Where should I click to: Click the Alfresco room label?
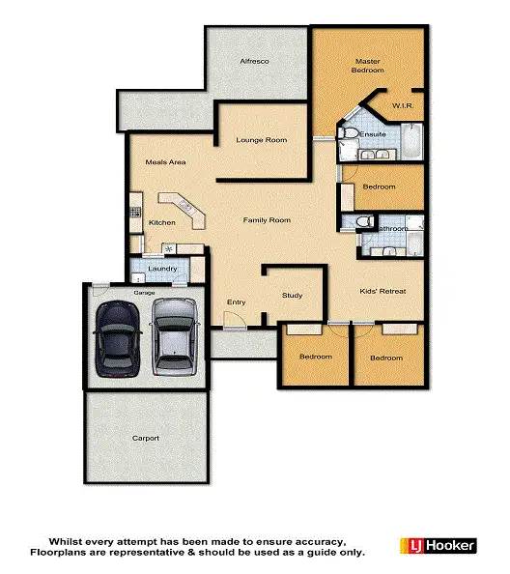[x=254, y=62]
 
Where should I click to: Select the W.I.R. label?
[x=403, y=104]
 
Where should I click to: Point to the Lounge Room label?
[x=262, y=140]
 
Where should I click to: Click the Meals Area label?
[x=165, y=162]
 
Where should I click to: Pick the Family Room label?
[x=267, y=220]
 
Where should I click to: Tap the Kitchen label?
[x=161, y=223]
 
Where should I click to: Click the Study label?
[x=292, y=295]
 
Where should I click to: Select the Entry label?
[x=236, y=302]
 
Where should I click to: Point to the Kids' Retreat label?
[x=382, y=291]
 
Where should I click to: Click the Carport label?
[x=146, y=438]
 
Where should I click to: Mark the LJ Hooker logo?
[x=438, y=545]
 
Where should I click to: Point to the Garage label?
[x=144, y=291]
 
